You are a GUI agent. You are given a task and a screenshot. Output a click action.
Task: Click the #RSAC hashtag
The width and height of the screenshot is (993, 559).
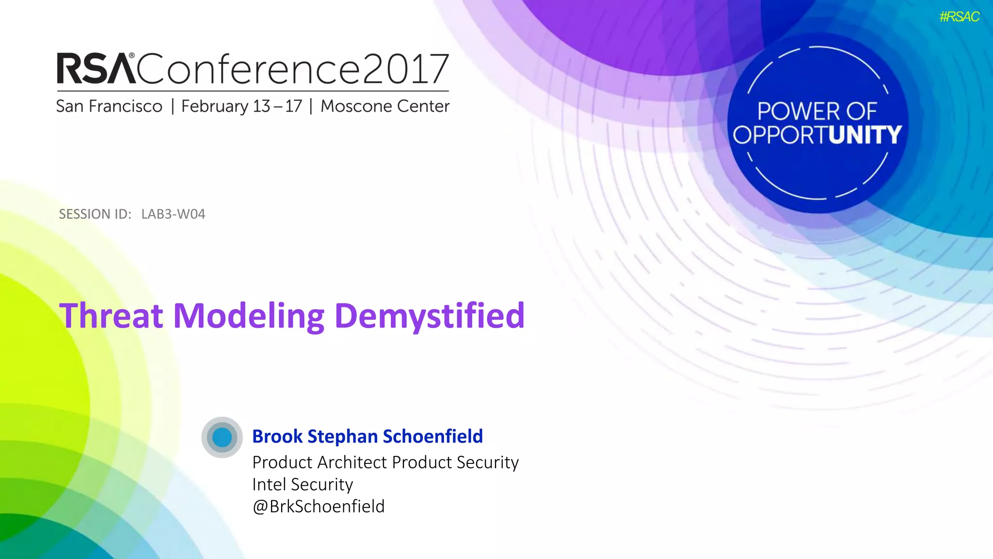pos(959,17)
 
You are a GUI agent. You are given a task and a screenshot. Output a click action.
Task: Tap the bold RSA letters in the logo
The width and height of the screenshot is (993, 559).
pos(96,69)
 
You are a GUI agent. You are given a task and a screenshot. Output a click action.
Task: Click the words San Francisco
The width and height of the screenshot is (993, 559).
pos(109,106)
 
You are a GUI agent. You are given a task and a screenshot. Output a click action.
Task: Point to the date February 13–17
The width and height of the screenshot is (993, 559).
pos(241,106)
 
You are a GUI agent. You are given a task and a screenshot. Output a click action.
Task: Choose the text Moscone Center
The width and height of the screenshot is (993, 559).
pos(385,106)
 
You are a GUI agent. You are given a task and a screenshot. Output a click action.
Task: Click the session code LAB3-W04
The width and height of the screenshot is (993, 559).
pos(173,214)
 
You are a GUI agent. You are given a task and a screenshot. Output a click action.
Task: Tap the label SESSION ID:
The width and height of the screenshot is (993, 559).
pos(95,214)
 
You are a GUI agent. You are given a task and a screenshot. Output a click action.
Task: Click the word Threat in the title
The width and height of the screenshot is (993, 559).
pos(111,315)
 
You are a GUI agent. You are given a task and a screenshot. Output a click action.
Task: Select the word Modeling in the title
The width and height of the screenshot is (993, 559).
pos(249,315)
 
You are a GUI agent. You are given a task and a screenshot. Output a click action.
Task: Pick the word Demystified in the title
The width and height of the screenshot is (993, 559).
pos(430,315)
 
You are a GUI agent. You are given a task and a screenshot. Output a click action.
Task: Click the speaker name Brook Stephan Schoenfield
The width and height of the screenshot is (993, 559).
pos(368,436)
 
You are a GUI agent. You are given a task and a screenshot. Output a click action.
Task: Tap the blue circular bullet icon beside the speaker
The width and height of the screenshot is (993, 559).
pos(222,437)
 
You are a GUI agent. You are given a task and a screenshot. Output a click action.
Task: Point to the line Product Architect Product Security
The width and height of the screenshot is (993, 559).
pos(385,462)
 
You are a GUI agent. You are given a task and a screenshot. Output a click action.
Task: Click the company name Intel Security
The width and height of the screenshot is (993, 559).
pos(303,484)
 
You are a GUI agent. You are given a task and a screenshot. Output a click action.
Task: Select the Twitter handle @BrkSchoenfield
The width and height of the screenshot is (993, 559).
pos(319,507)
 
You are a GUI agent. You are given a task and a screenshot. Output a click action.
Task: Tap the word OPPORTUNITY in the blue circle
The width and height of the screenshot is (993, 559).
pos(817,135)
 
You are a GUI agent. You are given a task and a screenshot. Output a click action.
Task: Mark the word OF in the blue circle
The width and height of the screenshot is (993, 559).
pos(862,112)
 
